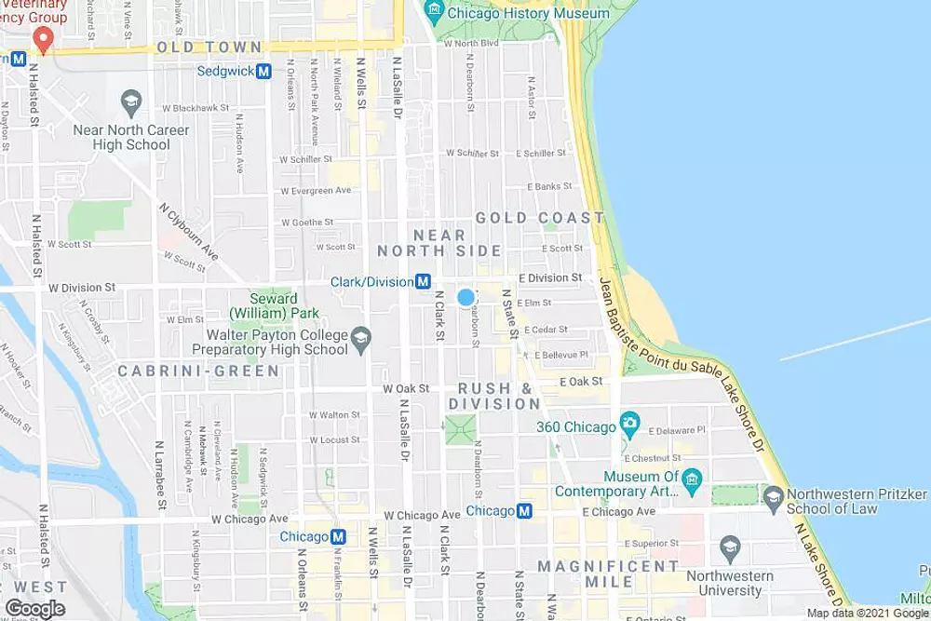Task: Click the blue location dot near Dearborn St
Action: (x=465, y=297)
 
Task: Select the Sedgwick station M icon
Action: (x=263, y=71)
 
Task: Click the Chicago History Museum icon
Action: (x=432, y=12)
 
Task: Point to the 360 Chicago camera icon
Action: (x=629, y=426)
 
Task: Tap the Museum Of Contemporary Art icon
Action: (x=691, y=481)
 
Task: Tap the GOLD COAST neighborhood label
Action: (x=540, y=218)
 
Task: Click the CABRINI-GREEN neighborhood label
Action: (x=198, y=371)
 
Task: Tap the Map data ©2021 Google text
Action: (x=867, y=613)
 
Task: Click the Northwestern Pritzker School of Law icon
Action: (x=773, y=500)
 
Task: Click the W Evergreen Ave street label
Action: (x=317, y=191)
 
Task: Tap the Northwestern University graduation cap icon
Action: (x=729, y=545)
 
